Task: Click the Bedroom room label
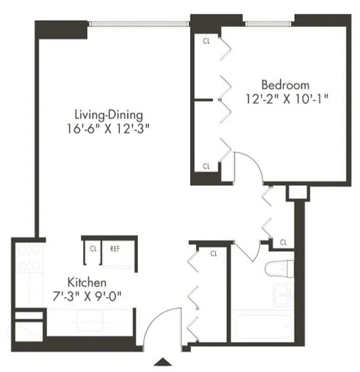tap(285, 85)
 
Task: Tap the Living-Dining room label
tap(109, 114)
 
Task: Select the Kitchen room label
tap(87, 282)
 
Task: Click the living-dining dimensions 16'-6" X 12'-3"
tap(110, 128)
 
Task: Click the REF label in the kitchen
tap(115, 249)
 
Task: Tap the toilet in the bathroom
tap(279, 268)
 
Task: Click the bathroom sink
tap(283, 294)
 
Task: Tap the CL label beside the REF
tap(93, 249)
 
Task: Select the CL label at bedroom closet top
tap(206, 40)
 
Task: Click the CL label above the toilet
tap(283, 242)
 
